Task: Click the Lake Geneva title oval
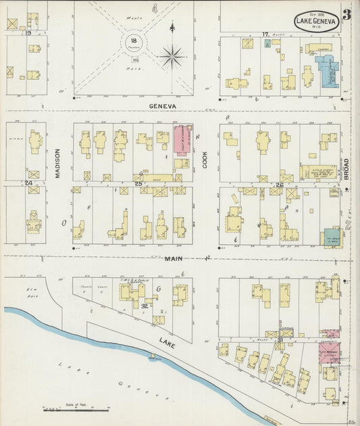pyautogui.click(x=317, y=20)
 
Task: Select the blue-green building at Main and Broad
pyautogui.click(x=332, y=237)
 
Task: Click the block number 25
pyautogui.click(x=138, y=184)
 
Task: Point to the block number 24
pyautogui.click(x=28, y=183)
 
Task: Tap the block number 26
pyautogui.click(x=279, y=184)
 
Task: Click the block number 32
pyautogui.click(x=145, y=305)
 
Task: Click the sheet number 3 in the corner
pyautogui.click(x=346, y=15)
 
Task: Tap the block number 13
pyautogui.click(x=28, y=32)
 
